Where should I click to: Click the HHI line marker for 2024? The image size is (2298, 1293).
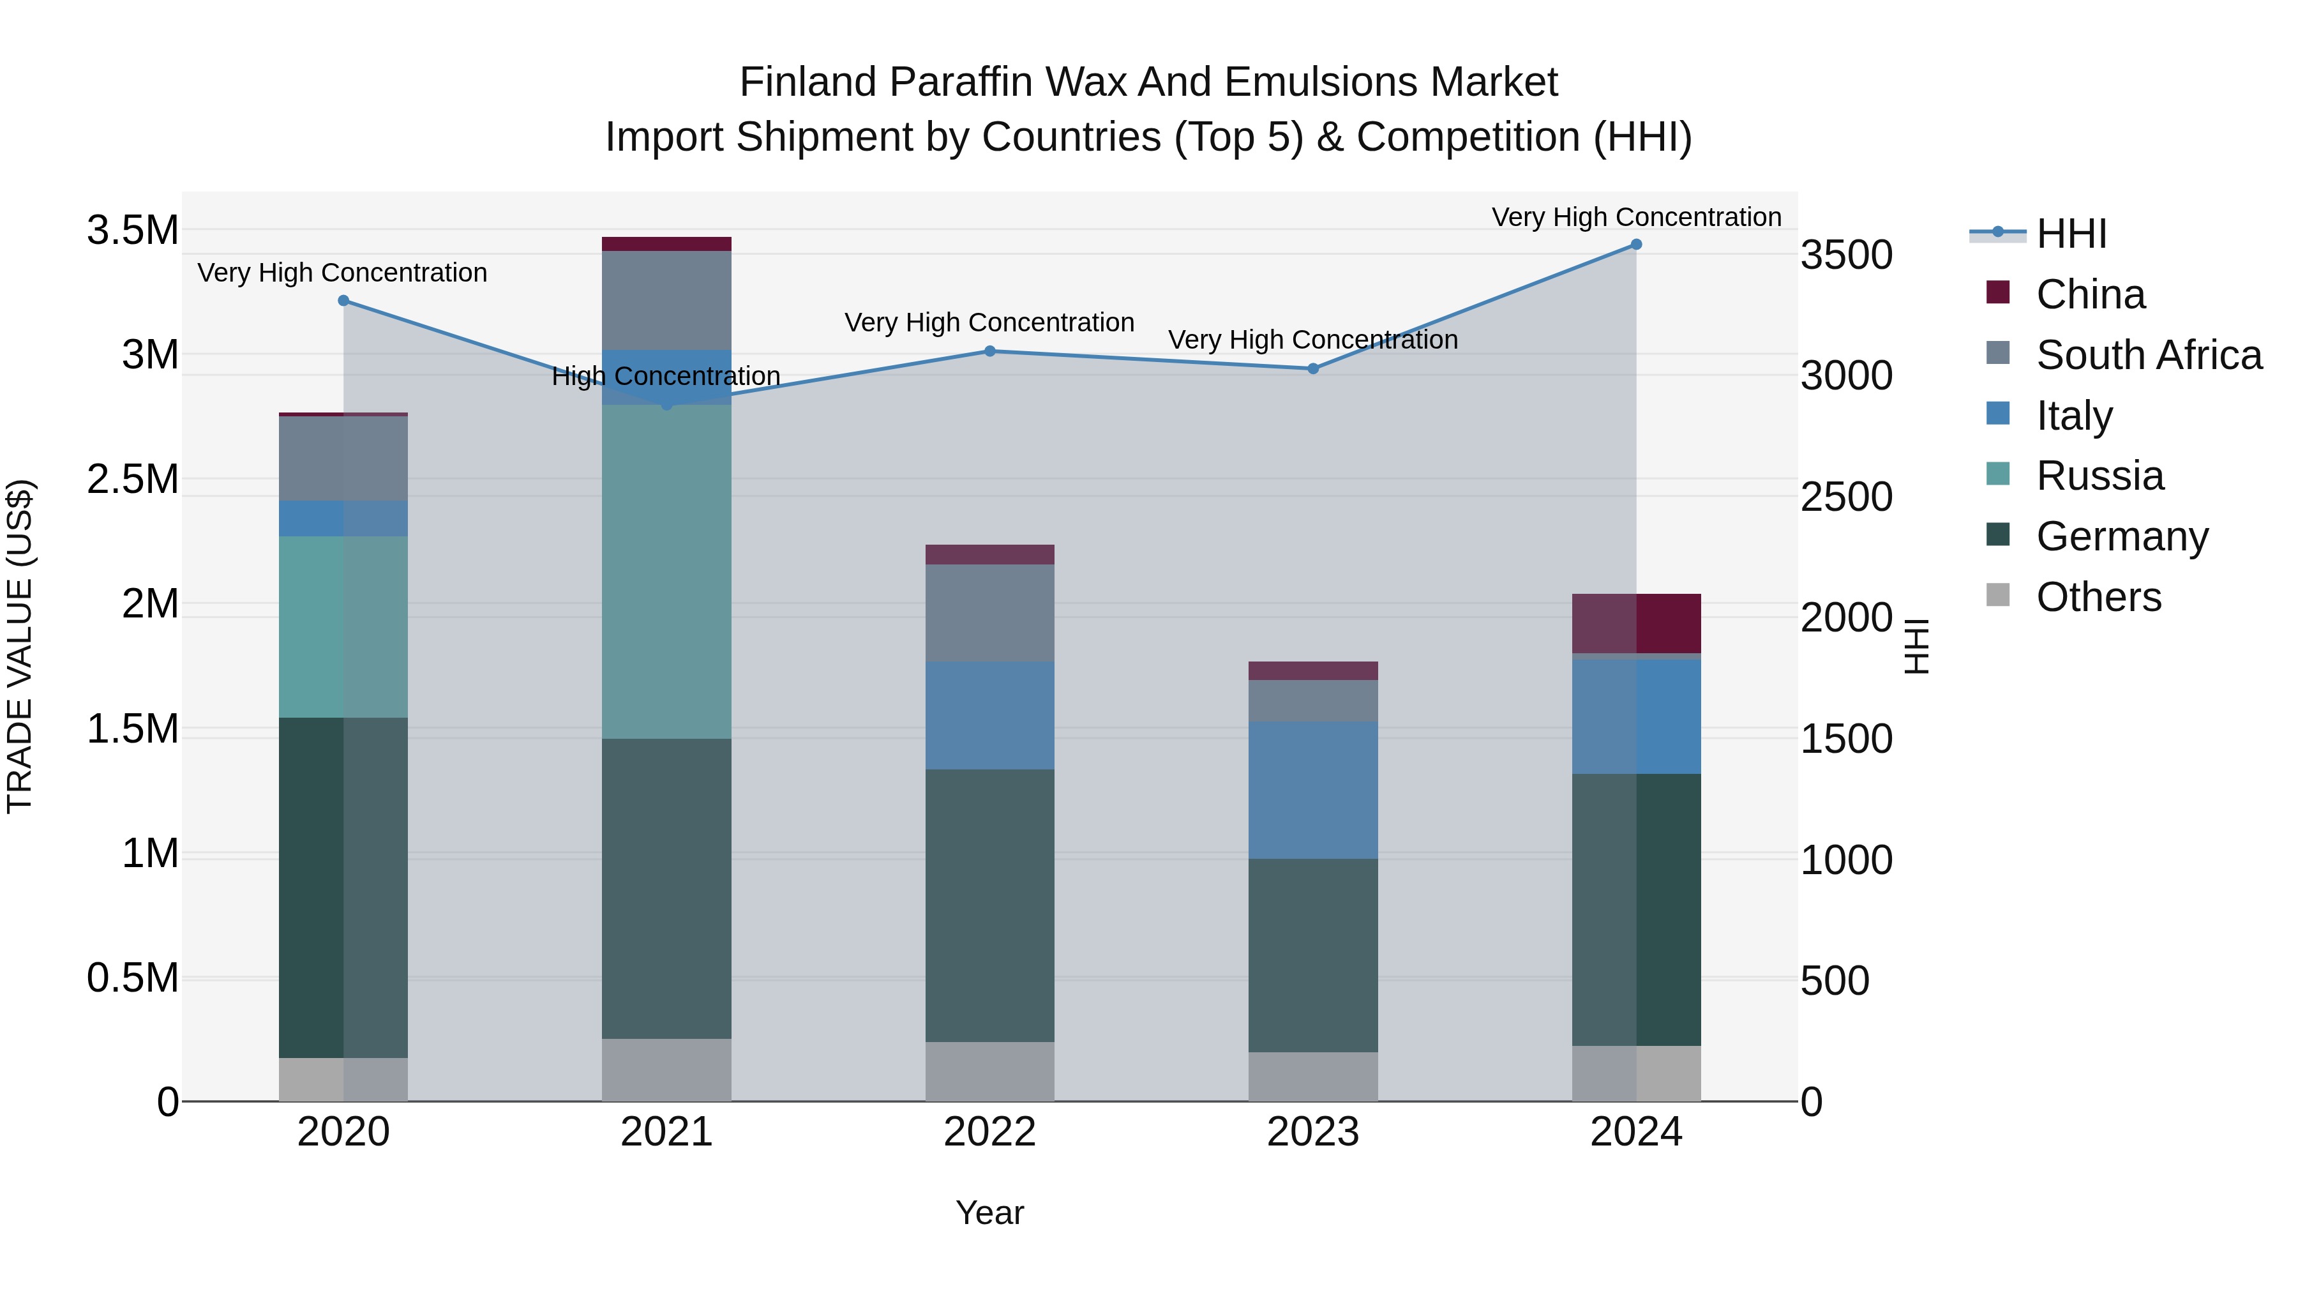coord(1635,245)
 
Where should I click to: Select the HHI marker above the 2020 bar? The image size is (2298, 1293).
coord(343,301)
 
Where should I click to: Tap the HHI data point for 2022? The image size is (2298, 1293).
coord(989,352)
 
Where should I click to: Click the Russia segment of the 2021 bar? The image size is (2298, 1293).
coord(666,571)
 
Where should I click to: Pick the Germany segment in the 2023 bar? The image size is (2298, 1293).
coord(1312,955)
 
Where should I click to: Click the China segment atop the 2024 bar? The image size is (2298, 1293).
coord(1635,623)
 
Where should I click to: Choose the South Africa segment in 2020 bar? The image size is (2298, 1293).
coord(343,458)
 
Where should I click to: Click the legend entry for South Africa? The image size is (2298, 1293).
coord(2148,355)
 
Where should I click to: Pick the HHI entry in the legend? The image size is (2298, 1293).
coord(2071,234)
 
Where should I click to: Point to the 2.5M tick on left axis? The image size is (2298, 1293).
coord(132,479)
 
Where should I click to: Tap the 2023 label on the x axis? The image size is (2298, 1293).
coord(1312,1132)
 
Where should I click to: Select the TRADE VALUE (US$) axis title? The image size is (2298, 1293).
coord(20,646)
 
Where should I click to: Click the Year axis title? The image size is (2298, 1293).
coord(989,1213)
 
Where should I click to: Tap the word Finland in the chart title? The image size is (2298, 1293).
coord(807,82)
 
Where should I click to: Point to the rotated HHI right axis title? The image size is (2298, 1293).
coord(1915,646)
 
